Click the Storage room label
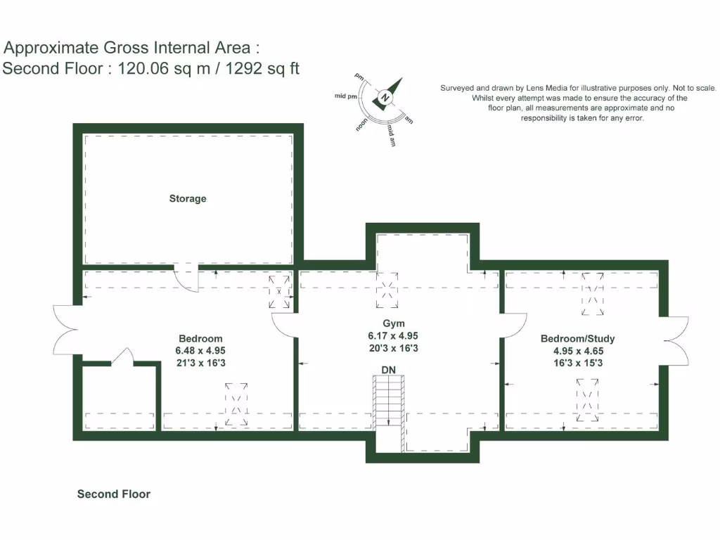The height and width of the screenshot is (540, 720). click(x=188, y=199)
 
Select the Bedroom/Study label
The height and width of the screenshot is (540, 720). click(x=577, y=339)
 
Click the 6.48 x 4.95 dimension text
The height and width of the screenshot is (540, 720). click(x=200, y=350)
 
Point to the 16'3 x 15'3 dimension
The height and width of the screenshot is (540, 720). click(x=577, y=363)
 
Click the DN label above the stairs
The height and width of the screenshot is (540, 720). click(x=388, y=370)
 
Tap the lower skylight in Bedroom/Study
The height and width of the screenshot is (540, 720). click(x=589, y=399)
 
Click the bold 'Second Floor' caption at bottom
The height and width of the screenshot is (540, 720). click(x=113, y=494)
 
